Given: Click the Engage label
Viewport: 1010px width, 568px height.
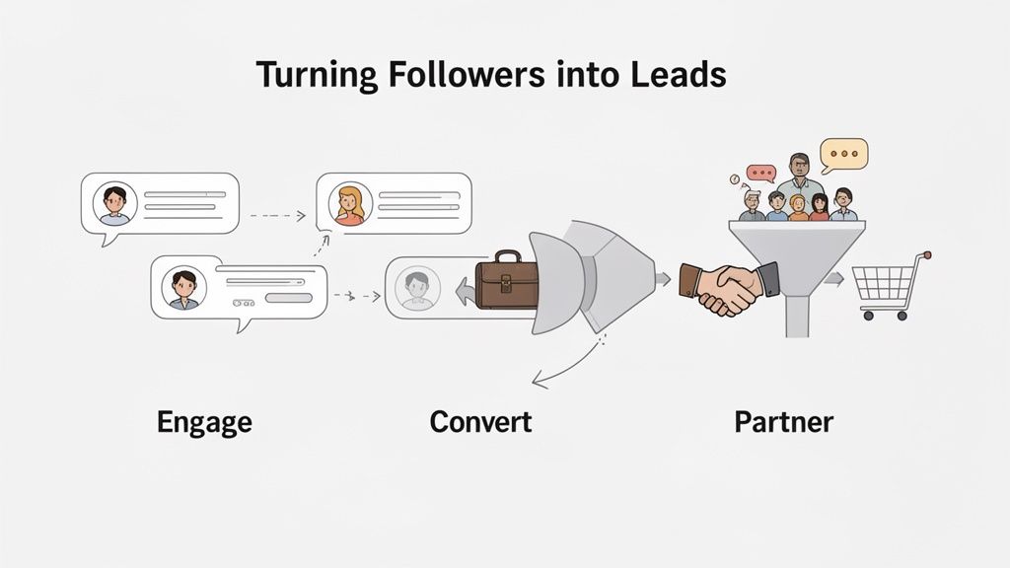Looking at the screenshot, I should [x=204, y=423].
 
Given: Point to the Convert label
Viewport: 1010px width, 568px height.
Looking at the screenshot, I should [x=480, y=423].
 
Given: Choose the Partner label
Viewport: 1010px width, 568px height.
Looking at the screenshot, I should [x=783, y=423].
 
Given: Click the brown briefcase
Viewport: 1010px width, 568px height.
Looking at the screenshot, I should [x=506, y=281].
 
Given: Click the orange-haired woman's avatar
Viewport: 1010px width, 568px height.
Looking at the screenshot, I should [x=349, y=204].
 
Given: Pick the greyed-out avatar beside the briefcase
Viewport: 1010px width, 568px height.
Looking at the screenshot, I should [x=415, y=287].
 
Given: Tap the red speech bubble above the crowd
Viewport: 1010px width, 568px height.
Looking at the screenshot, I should [x=760, y=174].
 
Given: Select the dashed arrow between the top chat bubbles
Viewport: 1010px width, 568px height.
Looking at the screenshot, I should [x=277, y=214].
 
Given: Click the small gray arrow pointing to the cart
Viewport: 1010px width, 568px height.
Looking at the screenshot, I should [x=834, y=280].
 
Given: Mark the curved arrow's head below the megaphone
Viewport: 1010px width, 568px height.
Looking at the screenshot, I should [x=536, y=380].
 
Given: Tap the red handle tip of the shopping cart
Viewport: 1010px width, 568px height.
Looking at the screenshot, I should [x=926, y=254].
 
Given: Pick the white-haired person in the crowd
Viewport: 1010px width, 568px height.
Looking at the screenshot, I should [x=752, y=203].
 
